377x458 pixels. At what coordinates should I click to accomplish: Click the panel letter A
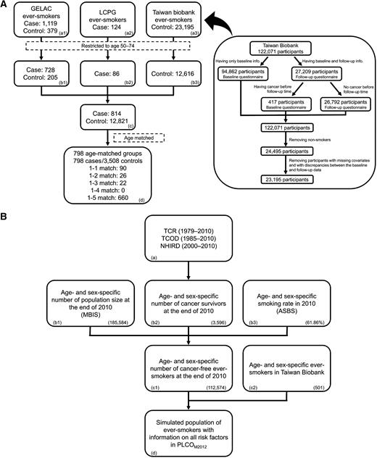click(5, 5)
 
